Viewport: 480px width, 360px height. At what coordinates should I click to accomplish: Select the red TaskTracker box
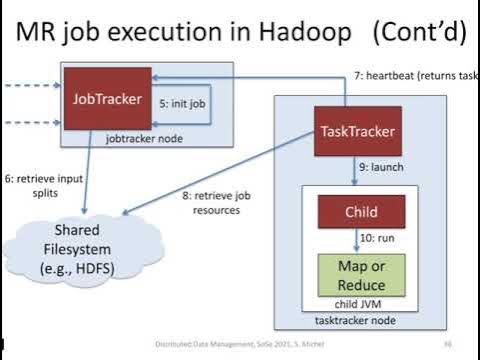pos(358,131)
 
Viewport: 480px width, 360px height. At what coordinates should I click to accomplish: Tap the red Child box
pos(361,211)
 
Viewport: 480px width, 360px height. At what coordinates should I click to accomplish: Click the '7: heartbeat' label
pos(411,75)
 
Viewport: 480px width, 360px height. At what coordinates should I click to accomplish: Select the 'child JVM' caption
pos(361,302)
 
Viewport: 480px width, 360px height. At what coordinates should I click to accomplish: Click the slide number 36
pos(449,344)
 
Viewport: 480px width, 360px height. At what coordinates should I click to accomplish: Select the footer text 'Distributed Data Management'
pos(195,344)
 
